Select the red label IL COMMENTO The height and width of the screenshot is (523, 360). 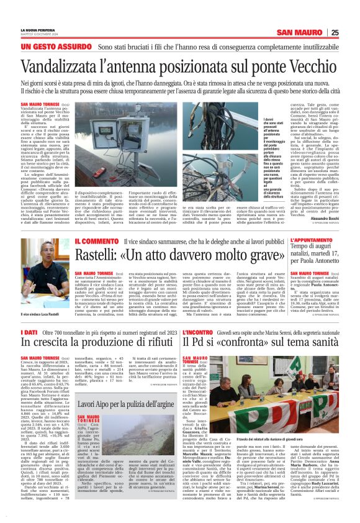(x=97, y=240)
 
